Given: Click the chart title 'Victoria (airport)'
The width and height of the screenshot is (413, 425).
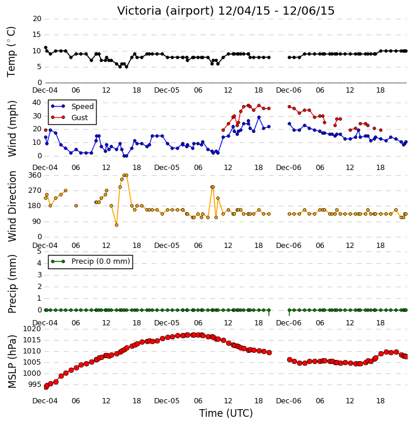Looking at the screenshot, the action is click(x=165, y=11).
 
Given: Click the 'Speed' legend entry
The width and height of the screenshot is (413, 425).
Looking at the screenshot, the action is click(x=72, y=107).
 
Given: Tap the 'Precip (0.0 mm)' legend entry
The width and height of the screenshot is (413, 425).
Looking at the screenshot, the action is click(x=90, y=261).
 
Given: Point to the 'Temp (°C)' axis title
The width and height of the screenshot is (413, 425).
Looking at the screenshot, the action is click(x=11, y=52).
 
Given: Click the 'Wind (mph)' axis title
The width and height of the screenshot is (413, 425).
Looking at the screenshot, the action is click(x=12, y=129).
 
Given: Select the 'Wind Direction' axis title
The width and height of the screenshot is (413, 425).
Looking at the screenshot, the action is click(x=12, y=206).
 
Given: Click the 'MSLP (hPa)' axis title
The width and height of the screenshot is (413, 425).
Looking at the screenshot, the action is click(x=12, y=362).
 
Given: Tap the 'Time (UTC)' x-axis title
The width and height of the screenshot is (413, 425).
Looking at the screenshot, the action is click(x=226, y=413).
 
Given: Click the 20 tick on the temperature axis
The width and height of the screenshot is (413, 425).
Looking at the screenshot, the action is click(x=37, y=19).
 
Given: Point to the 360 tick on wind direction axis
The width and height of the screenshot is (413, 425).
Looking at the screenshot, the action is click(x=35, y=175).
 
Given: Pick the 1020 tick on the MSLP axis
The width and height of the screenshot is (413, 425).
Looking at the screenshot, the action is click(x=32, y=329).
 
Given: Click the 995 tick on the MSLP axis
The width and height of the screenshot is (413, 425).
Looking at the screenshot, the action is click(x=35, y=385).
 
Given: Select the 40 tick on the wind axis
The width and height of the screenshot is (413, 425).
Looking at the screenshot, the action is click(x=37, y=103).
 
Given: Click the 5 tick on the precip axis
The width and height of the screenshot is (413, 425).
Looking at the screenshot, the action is click(x=39, y=251).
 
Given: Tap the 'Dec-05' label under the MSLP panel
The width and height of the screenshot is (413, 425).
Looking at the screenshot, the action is click(x=167, y=401).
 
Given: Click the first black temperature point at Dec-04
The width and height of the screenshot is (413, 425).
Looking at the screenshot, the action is click(x=46, y=47).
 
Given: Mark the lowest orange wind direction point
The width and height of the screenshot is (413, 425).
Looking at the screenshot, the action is click(x=117, y=225).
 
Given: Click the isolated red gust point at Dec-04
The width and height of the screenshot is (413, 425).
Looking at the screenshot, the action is click(x=46, y=130).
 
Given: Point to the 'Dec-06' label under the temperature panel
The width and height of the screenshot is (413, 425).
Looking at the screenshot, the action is click(x=289, y=90).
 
